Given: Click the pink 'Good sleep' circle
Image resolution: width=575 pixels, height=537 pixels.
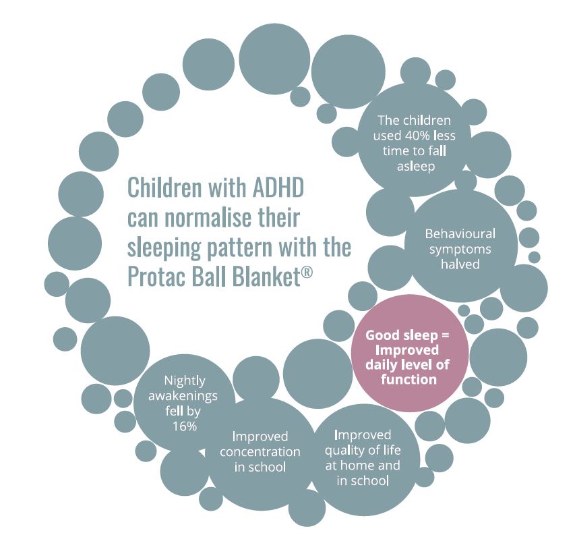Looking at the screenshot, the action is [x=410, y=353].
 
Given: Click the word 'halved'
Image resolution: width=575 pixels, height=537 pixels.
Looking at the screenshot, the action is [x=460, y=264].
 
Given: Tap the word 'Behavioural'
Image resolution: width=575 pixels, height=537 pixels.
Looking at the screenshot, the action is [x=460, y=234].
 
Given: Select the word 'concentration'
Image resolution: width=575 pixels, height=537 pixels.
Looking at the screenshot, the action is [x=260, y=452].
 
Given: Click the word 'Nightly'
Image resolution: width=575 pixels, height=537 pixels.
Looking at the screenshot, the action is [x=185, y=381].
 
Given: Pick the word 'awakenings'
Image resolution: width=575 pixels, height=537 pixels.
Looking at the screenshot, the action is [x=183, y=397].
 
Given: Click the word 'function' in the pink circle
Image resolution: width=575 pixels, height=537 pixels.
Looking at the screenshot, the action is [x=409, y=379].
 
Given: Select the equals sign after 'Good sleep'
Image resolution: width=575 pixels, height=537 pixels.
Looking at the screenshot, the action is [x=446, y=335].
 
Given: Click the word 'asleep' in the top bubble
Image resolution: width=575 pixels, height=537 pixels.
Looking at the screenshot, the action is [x=416, y=167].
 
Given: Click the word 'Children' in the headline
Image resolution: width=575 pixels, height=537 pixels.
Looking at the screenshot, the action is [x=164, y=188].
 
